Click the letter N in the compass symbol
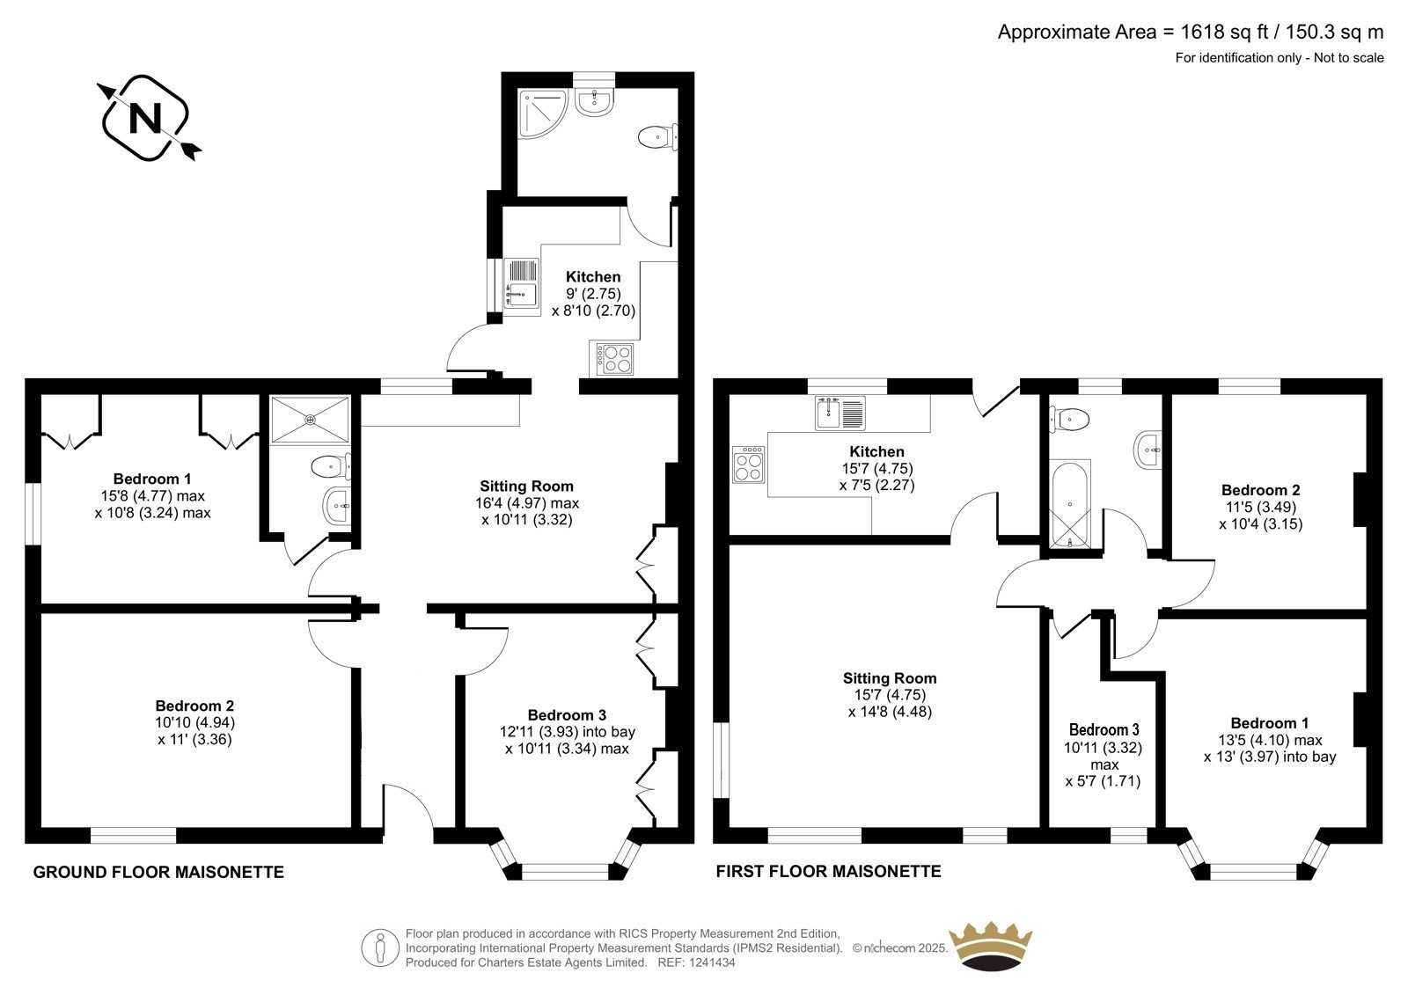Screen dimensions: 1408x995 click(145, 118)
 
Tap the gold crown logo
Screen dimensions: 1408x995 click(991, 947)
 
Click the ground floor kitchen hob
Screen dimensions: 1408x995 click(611, 358)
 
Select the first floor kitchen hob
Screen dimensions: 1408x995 click(749, 465)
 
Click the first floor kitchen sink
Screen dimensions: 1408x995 click(840, 413)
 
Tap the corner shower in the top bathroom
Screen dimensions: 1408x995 click(542, 113)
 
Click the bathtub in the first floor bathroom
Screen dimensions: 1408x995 click(1069, 505)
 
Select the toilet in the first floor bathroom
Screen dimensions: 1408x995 click(1068, 420)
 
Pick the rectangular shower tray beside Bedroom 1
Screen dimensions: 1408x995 click(309, 420)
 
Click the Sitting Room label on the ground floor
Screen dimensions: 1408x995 click(527, 486)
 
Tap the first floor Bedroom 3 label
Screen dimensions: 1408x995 click(1104, 729)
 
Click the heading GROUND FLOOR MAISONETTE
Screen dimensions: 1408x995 click(158, 873)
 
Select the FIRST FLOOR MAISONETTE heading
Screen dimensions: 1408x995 click(828, 871)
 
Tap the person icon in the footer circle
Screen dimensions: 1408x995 click(379, 948)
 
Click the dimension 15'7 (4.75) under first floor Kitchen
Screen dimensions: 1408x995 click(876, 468)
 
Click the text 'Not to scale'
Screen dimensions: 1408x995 click(1349, 58)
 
